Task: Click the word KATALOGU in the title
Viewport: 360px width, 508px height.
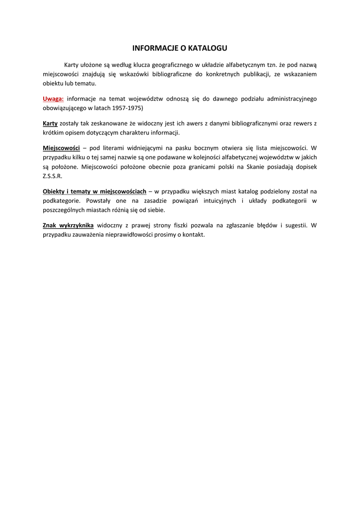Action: (206, 48)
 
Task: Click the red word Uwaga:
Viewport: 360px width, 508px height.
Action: (53, 99)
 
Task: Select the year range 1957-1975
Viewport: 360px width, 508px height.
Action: (126, 108)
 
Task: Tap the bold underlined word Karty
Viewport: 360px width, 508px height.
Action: (50, 124)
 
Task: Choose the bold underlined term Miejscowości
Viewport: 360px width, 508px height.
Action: (62, 148)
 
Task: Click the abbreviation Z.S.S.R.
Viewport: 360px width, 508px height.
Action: (53, 176)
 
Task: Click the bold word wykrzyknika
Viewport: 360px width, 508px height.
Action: (76, 225)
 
